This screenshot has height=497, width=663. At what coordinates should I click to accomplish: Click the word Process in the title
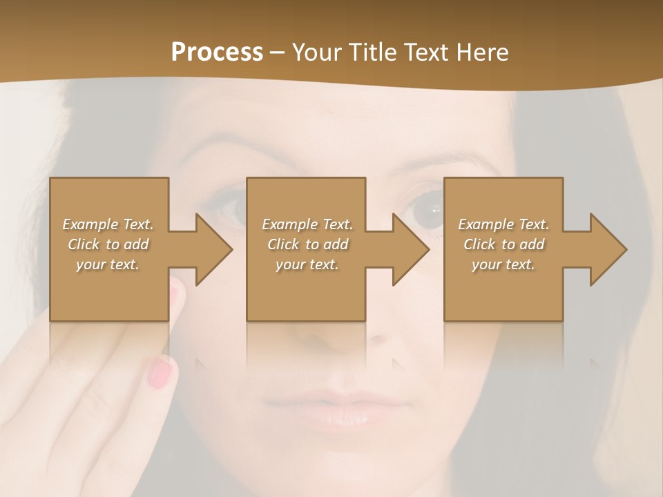(x=217, y=52)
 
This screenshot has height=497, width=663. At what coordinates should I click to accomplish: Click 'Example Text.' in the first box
(x=108, y=224)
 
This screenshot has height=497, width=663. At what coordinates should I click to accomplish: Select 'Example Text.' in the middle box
(x=307, y=224)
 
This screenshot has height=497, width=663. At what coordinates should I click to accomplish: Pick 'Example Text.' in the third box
(x=503, y=224)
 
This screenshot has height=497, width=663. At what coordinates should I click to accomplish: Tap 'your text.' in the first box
(x=108, y=264)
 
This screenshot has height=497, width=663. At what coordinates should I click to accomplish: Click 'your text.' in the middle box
(x=307, y=264)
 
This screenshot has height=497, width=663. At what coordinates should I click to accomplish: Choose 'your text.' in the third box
(x=503, y=264)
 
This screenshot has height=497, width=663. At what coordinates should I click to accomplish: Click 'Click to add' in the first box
(x=108, y=244)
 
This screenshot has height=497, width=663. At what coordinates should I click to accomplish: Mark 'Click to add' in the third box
(x=503, y=244)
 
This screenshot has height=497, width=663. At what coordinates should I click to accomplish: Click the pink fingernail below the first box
(x=160, y=373)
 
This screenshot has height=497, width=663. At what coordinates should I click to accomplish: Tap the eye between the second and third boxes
(x=425, y=211)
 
